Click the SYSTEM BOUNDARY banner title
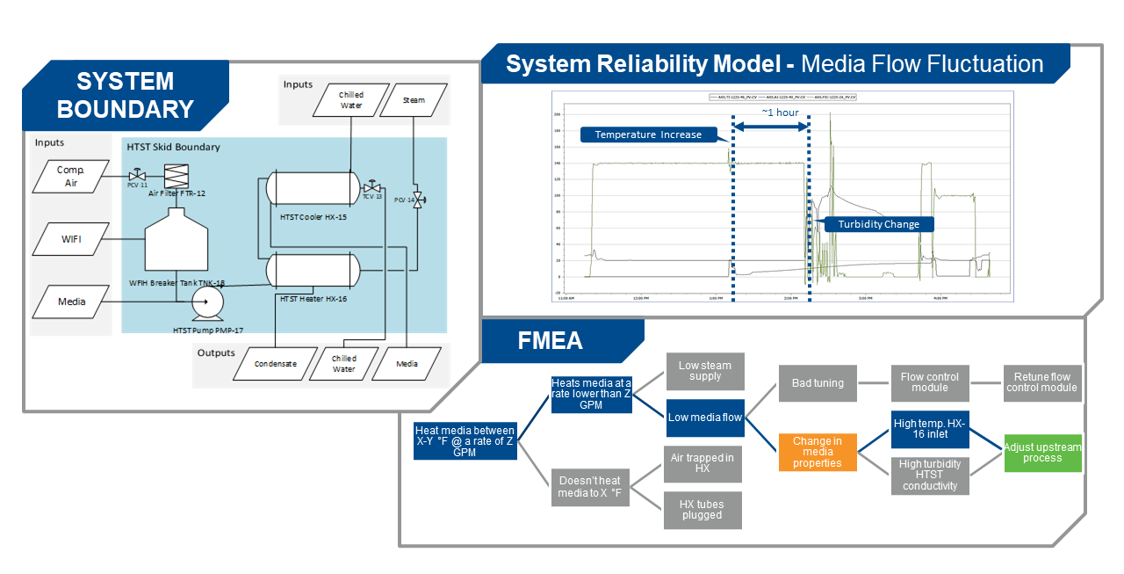coord(124,95)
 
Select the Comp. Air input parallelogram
coord(70,176)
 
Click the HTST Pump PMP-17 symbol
coord(206,302)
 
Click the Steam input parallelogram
coord(414,100)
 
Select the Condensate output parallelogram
coord(275,363)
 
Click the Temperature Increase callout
coord(648,134)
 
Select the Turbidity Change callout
coord(878,224)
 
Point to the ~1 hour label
coord(780,113)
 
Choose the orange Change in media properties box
coord(817,452)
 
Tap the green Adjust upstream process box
coord(1042,453)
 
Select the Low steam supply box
coord(704,371)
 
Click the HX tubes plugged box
coord(702,510)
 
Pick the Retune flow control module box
coord(1041,382)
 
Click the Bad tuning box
coord(817,383)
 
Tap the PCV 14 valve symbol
coord(417,200)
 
